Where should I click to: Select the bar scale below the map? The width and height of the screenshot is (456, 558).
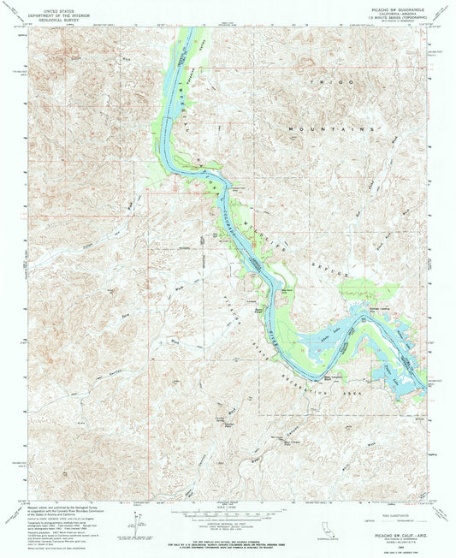[228, 503]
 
